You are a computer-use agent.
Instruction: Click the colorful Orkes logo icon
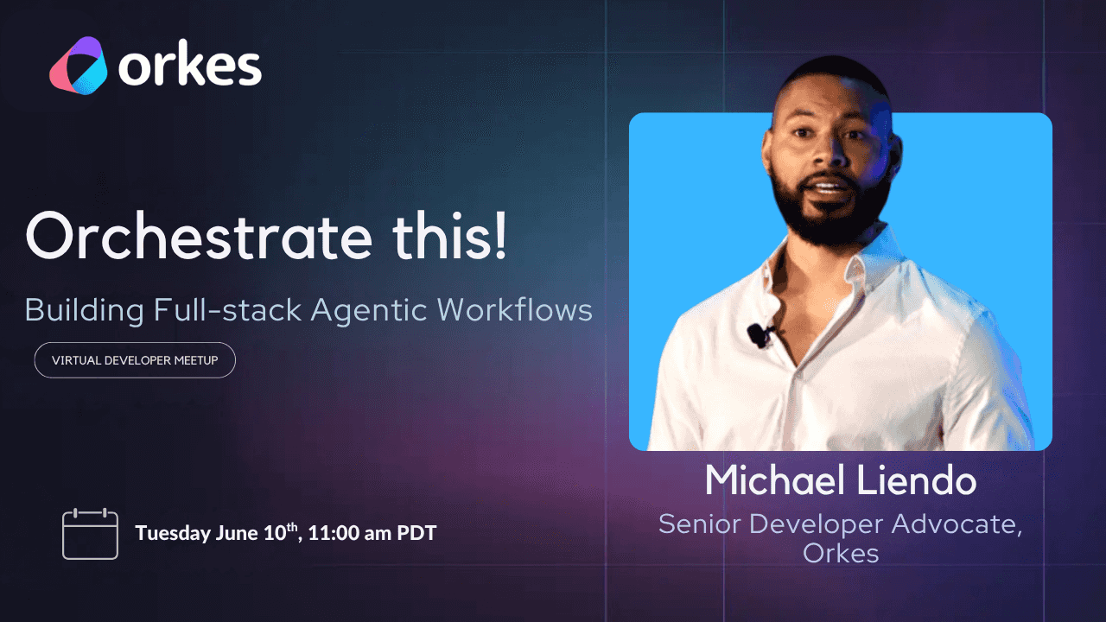coord(78,66)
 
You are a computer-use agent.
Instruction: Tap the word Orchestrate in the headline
coord(199,235)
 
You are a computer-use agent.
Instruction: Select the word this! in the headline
coord(450,235)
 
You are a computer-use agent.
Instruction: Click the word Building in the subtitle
coord(85,311)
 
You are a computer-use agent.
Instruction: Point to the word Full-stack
coord(227,309)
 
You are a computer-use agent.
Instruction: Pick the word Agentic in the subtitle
coord(369,311)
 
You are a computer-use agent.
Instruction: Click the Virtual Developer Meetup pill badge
coord(135,360)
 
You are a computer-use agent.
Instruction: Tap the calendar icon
coord(91,534)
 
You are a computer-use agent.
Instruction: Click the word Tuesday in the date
coord(173,534)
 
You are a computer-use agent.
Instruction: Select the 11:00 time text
coord(334,533)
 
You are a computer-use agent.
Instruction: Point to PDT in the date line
coord(416,533)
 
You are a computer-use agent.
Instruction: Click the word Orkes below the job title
coord(841,554)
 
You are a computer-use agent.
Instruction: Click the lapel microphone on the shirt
coord(760,334)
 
